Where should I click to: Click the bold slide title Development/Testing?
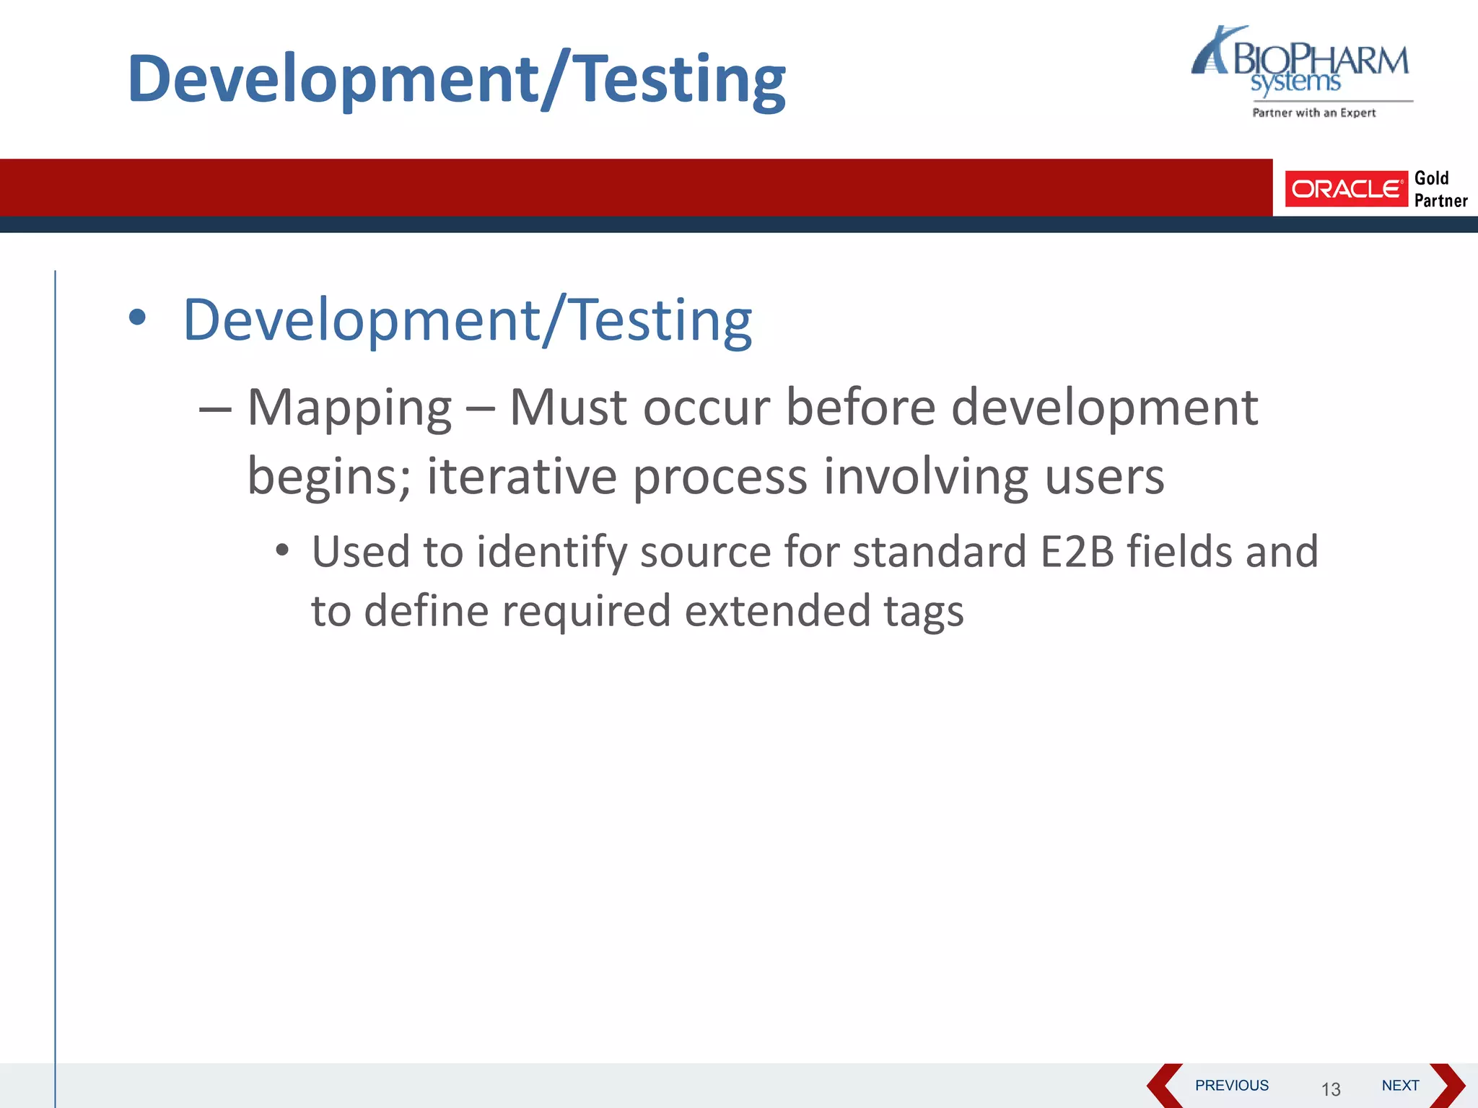[x=456, y=79]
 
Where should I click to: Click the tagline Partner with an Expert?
[x=1313, y=113]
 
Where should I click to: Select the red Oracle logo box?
[x=1346, y=189]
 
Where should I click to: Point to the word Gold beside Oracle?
[x=1431, y=178]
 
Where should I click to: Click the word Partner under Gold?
[x=1440, y=201]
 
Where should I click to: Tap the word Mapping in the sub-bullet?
[x=349, y=408]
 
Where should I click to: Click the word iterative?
[x=522, y=477]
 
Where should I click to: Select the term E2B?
[x=1077, y=552]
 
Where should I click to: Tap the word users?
[x=1103, y=477]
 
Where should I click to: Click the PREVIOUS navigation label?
[x=1231, y=1085]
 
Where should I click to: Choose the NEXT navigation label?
[x=1400, y=1085]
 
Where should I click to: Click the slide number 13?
[x=1331, y=1089]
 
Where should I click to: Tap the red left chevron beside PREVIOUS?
[x=1164, y=1085]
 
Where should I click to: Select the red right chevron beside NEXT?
[x=1447, y=1085]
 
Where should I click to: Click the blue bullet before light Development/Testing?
[x=137, y=318]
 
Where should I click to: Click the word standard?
[x=940, y=552]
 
